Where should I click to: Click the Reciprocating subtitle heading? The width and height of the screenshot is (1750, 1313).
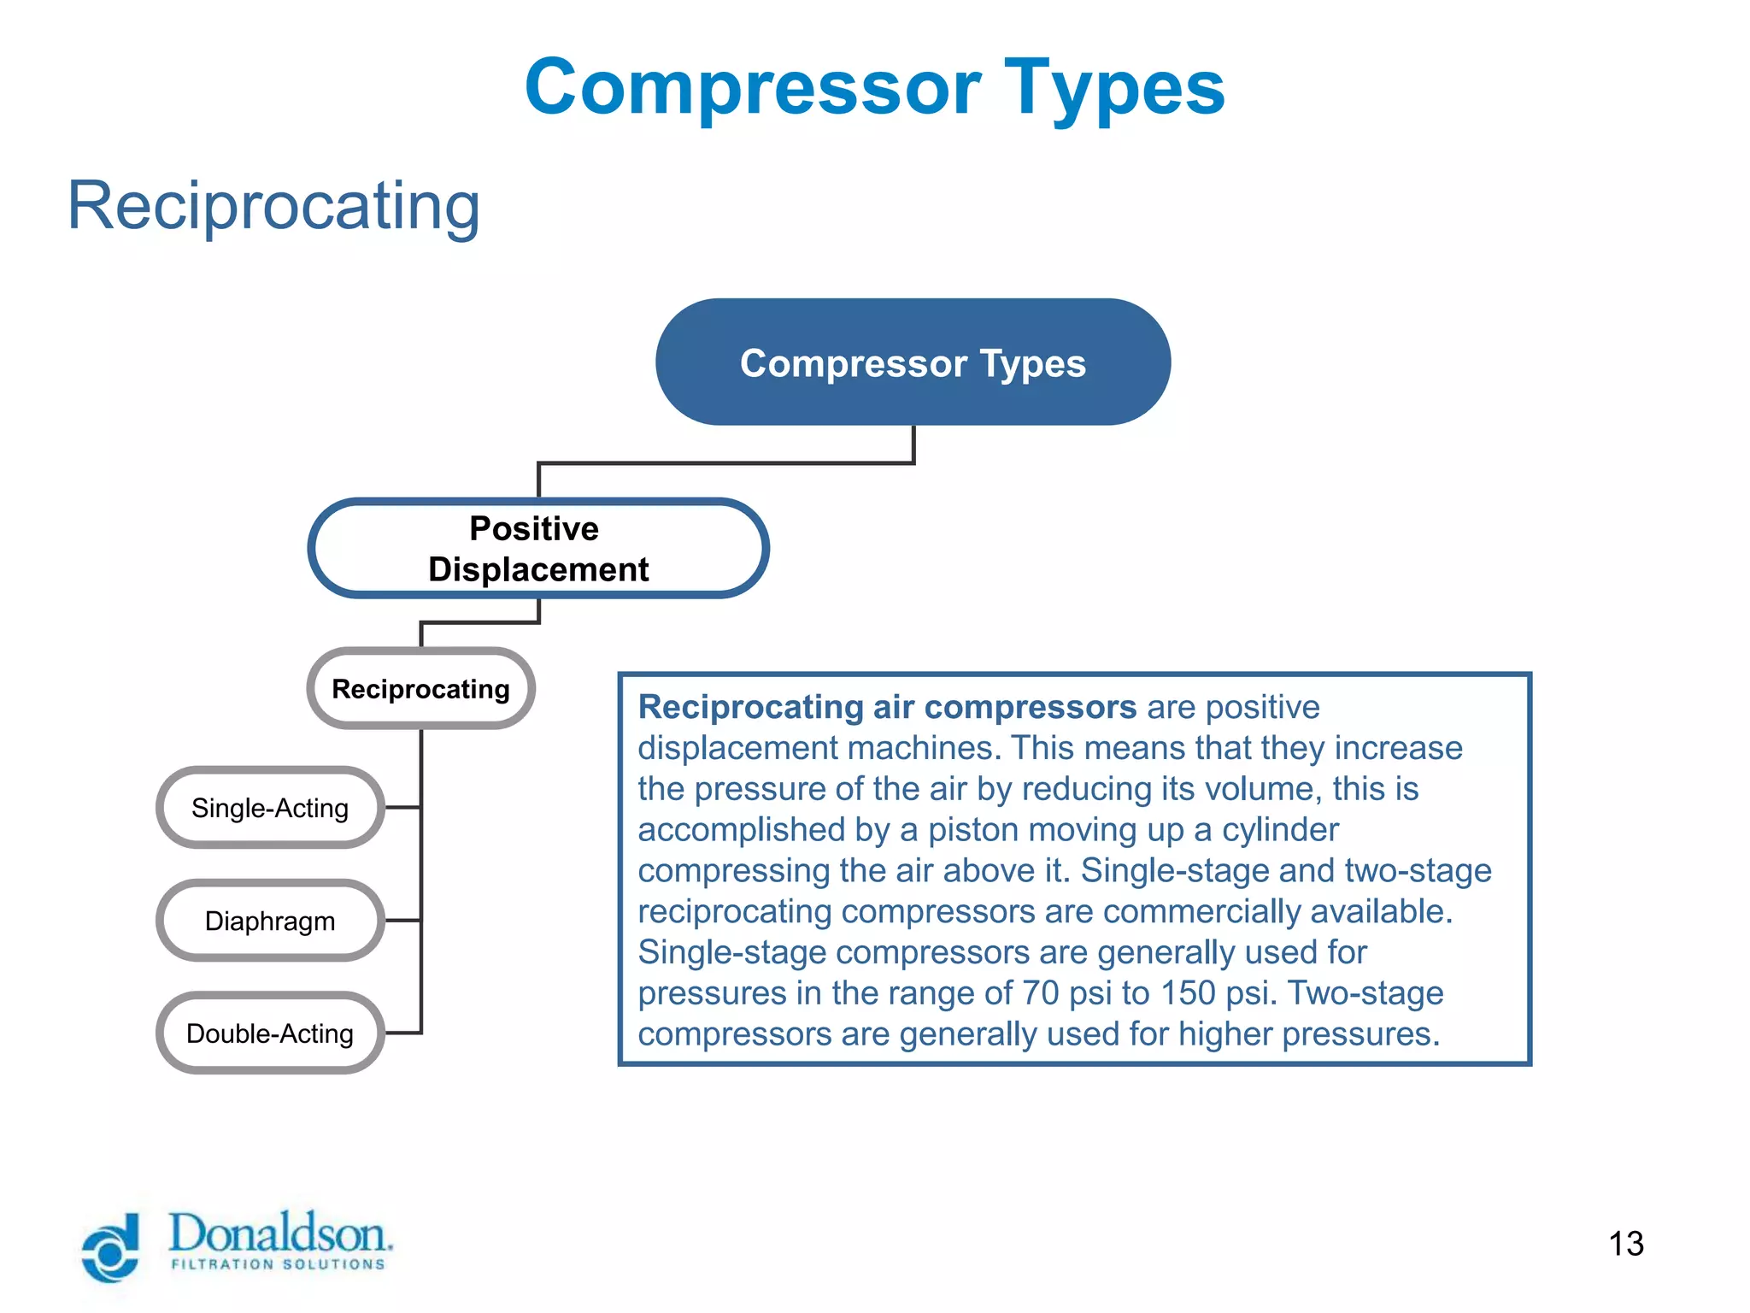[x=273, y=206]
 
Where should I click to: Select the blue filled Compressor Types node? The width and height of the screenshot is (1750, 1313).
[x=913, y=362]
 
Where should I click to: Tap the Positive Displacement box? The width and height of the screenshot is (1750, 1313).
[x=538, y=549]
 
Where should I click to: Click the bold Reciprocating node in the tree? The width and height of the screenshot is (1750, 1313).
[x=420, y=689]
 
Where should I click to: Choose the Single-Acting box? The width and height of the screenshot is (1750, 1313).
[x=270, y=808]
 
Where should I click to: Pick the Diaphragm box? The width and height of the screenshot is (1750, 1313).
[x=270, y=921]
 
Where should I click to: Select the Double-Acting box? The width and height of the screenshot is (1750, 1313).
[x=270, y=1033]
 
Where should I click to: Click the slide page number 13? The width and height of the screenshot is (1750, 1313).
[x=1625, y=1244]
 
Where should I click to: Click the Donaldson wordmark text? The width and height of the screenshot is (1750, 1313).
[x=280, y=1234]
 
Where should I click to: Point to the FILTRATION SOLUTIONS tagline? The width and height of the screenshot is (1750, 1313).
[x=279, y=1264]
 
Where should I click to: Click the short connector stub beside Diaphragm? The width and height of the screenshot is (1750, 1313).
[x=402, y=921]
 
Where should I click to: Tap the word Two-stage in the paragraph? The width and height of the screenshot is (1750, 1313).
[x=1365, y=993]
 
